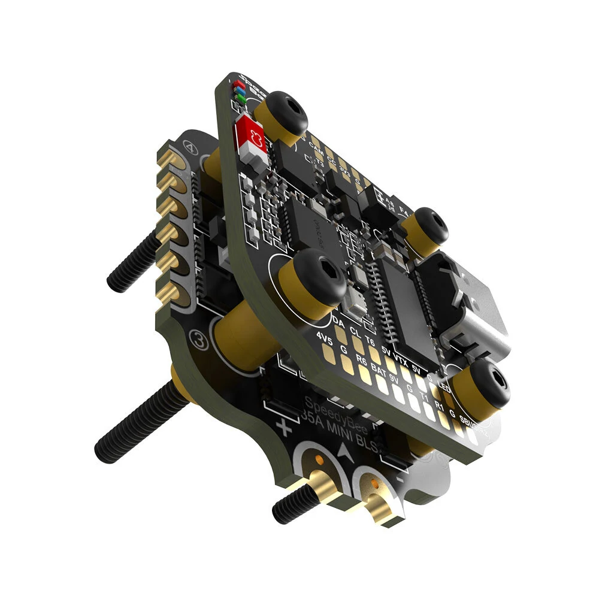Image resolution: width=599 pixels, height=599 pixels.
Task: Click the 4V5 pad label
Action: (324, 339)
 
